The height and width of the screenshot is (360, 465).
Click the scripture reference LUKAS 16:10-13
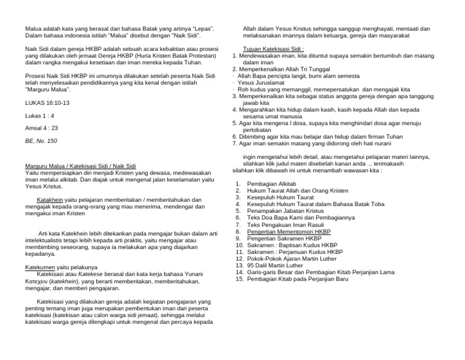[47, 103]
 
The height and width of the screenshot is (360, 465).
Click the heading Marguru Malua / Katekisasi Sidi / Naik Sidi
[79, 166]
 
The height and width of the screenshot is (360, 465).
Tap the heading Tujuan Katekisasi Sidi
[273, 48]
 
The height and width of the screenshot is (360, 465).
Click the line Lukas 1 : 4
[40, 116]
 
